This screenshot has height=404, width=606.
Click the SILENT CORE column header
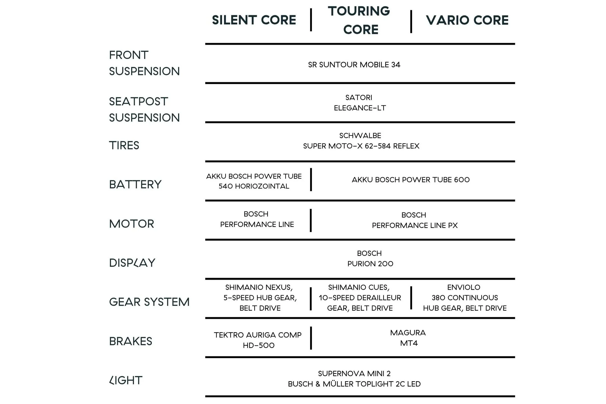(254, 20)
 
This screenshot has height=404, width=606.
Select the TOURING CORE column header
(359, 20)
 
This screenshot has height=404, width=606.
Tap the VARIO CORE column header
(467, 20)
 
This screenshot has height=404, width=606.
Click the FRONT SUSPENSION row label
(144, 63)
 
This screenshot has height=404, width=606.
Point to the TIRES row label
(124, 145)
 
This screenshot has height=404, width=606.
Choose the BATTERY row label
(135, 184)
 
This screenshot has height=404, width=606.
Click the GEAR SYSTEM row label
(149, 302)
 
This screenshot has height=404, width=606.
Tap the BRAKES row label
(131, 341)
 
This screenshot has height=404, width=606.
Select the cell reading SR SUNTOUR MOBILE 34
(354, 65)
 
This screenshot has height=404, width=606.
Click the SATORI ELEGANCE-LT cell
(360, 103)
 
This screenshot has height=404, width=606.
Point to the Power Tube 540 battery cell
(254, 181)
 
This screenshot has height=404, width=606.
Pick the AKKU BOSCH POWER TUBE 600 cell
(411, 180)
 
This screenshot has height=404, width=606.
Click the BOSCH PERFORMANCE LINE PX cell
(415, 220)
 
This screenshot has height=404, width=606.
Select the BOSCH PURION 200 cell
(370, 258)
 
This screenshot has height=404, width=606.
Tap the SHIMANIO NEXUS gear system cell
(260, 298)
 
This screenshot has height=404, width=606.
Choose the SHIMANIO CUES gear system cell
(360, 298)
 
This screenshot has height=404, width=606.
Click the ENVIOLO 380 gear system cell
(465, 298)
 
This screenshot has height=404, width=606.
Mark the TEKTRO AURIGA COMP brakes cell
(258, 340)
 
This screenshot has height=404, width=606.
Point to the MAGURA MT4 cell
(408, 338)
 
